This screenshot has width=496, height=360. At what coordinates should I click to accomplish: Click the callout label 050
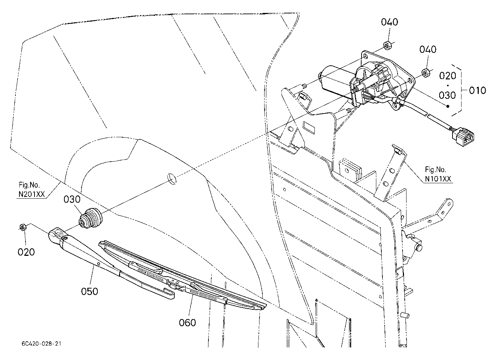point(89,291)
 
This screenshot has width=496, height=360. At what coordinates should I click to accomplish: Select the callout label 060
point(187,323)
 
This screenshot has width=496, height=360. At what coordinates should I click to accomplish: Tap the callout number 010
point(477,90)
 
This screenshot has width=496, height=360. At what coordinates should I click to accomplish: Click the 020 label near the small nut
point(26,252)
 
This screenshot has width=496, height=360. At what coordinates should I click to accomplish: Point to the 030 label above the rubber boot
point(72,199)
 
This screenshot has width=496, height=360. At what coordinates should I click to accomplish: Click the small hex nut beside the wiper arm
point(23,227)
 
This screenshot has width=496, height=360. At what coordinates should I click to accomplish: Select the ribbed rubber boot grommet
point(91,218)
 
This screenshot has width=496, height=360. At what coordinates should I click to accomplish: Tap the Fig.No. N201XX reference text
point(32,189)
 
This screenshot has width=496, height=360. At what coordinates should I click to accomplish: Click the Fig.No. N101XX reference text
point(438,174)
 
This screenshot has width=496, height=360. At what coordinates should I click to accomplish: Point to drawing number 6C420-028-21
point(41,343)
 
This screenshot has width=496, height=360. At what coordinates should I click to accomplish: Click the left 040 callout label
point(390,22)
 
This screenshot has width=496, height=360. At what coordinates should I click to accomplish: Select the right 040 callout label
point(428,49)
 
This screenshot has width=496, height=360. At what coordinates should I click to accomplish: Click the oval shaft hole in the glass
point(172,179)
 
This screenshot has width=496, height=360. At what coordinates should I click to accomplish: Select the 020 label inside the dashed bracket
point(447,76)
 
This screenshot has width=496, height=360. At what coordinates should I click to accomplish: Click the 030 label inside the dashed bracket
point(447,95)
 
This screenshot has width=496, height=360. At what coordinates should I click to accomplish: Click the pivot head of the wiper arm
point(56,236)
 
